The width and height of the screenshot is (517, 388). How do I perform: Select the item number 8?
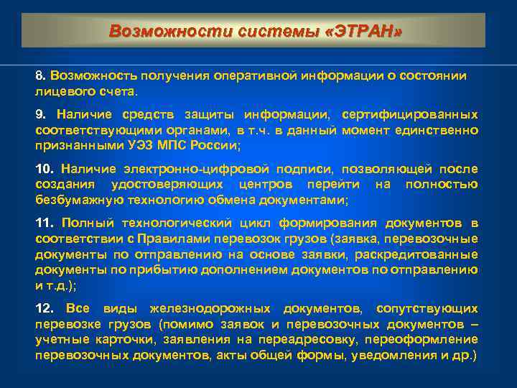[x=40, y=75]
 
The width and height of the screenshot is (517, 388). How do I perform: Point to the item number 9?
[x=40, y=114]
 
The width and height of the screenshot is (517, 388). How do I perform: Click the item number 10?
[x=44, y=169]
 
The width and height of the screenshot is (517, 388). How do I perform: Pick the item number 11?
[x=44, y=223]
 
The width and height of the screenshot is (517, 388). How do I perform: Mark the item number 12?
[x=45, y=308]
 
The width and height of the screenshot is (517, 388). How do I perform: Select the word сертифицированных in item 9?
[x=409, y=114]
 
